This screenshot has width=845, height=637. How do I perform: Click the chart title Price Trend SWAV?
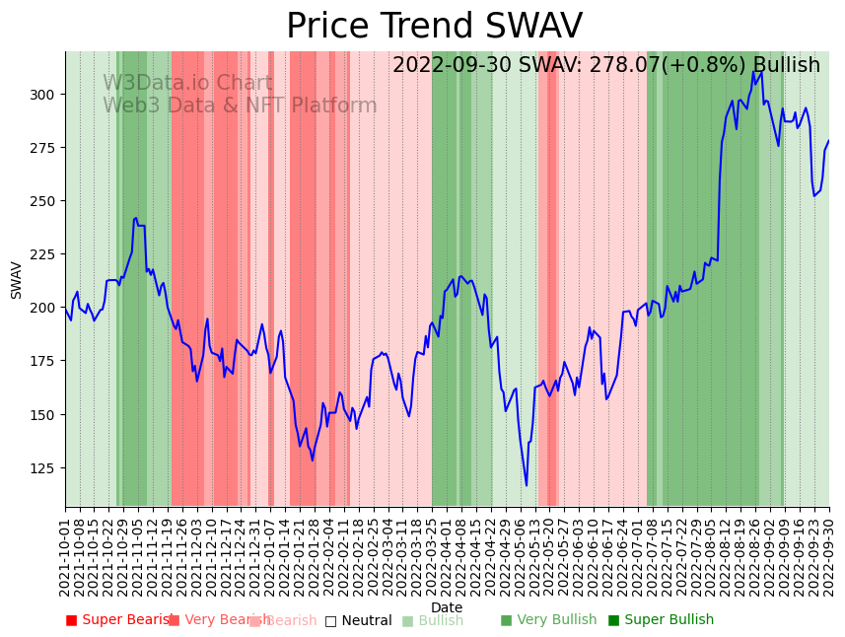[x=434, y=27]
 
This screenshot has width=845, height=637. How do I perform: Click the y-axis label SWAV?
[x=17, y=280]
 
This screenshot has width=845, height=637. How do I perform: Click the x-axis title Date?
[x=447, y=607]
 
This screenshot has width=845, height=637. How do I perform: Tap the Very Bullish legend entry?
[x=548, y=620]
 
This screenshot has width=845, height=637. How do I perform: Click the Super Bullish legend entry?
[x=661, y=620]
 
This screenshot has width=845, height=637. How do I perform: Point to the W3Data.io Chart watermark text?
[x=187, y=84]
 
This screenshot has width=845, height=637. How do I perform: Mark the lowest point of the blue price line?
[x=527, y=485]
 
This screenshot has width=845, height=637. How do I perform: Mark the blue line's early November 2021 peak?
[x=136, y=218]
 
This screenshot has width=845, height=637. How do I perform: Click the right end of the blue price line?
[x=828, y=141]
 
